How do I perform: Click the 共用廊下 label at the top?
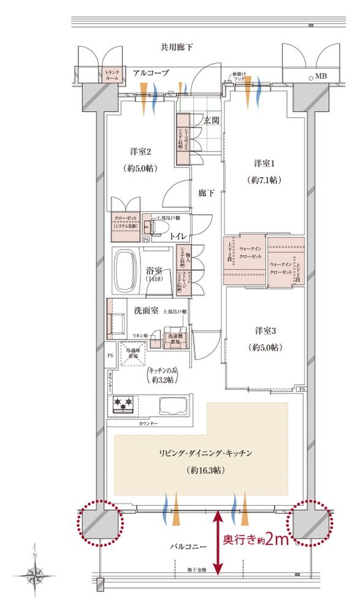[x=177, y=47]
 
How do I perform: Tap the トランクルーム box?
[x=112, y=74]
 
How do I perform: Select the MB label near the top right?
[x=321, y=77]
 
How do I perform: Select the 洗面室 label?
[x=147, y=310]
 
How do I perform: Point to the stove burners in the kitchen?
[x=124, y=405]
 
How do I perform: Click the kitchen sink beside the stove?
[x=174, y=405]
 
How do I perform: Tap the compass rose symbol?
[x=35, y=575]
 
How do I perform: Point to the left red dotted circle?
[x=100, y=523]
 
